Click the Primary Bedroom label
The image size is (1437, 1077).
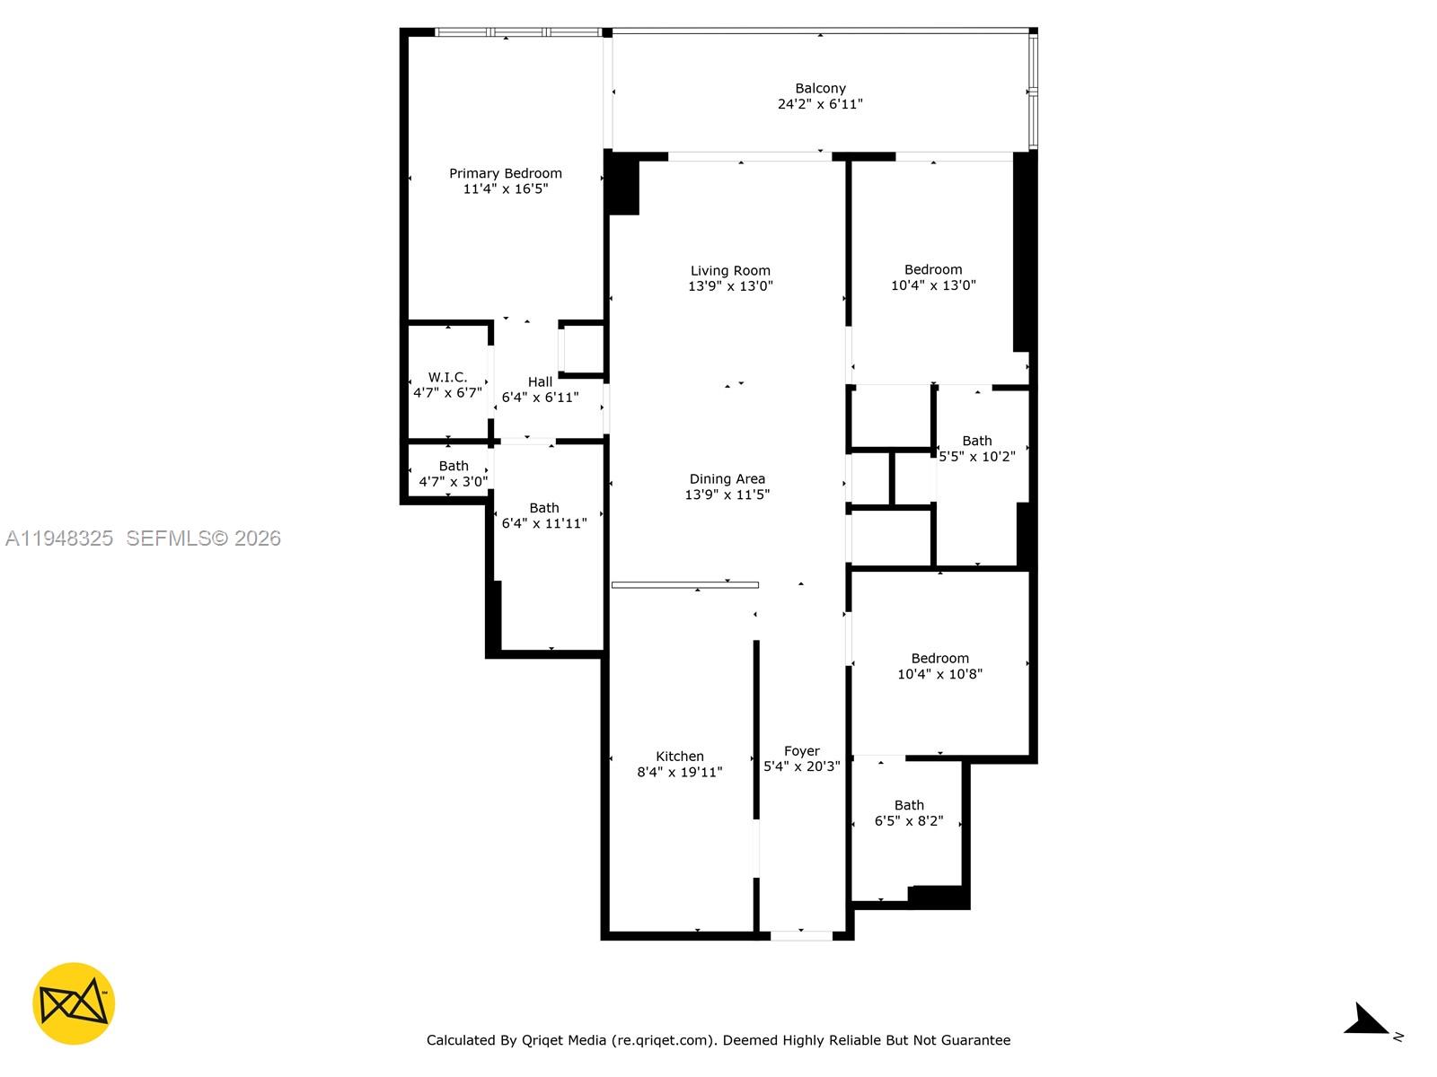[x=506, y=173]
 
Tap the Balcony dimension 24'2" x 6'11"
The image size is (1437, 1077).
[x=820, y=104]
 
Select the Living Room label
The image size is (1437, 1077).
[x=730, y=270]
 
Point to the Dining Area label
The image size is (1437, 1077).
[x=727, y=479]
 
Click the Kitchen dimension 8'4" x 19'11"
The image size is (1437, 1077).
[x=680, y=772]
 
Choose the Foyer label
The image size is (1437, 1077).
[x=801, y=751]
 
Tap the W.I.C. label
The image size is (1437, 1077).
[x=447, y=377]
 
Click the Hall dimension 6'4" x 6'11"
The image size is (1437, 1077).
[x=540, y=397]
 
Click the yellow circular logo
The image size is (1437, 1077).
[x=74, y=1003]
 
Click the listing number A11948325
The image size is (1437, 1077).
[x=59, y=538]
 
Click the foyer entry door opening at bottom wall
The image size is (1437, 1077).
[x=801, y=935]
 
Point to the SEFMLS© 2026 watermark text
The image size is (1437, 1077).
[x=203, y=538]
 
